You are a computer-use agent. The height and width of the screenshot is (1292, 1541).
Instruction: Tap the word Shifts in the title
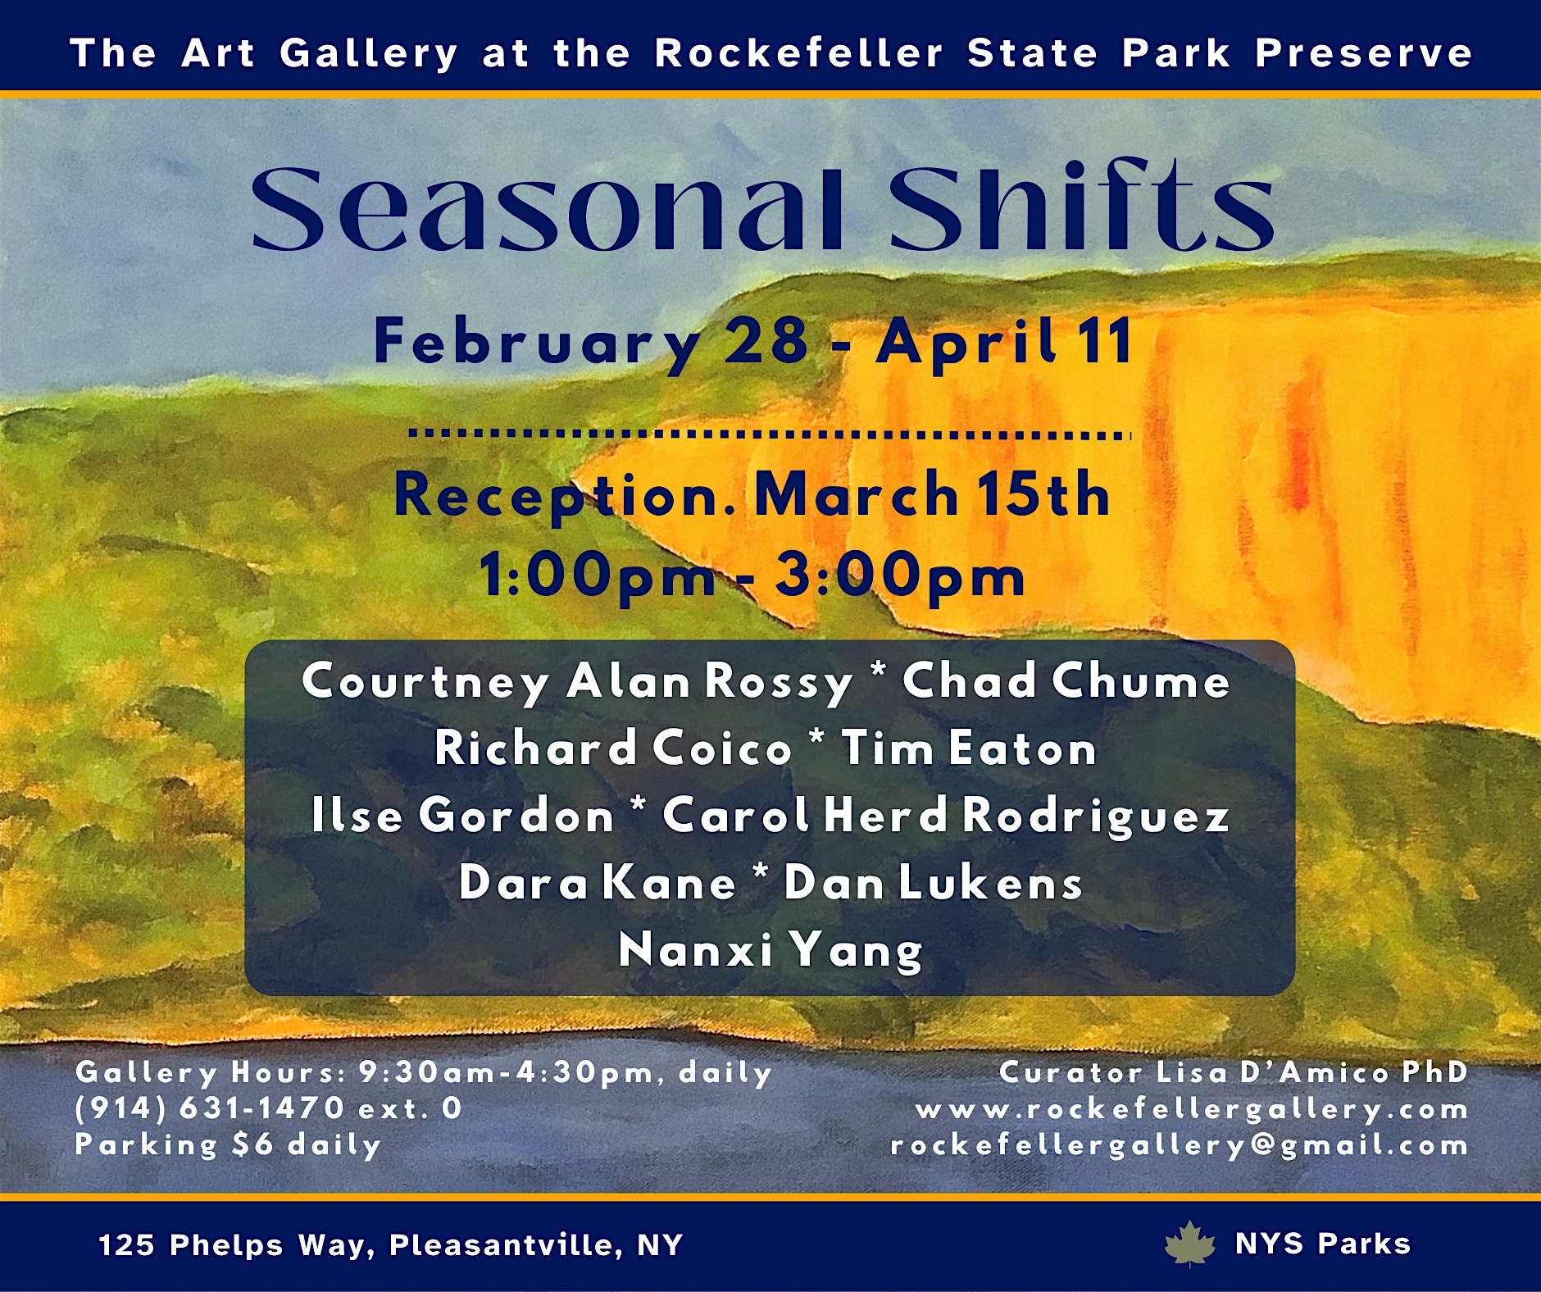(x=1081, y=209)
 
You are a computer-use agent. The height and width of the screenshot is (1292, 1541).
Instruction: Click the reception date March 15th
(x=932, y=494)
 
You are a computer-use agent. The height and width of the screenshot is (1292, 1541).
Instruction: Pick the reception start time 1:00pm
(x=598, y=575)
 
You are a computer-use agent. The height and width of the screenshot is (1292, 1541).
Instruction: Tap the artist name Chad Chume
(x=1066, y=681)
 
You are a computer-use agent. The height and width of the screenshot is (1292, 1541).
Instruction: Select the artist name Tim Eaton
(x=969, y=748)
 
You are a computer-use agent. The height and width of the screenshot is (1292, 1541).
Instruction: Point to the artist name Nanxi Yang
(x=770, y=950)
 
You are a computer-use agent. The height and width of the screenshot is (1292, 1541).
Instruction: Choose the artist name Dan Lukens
(x=933, y=883)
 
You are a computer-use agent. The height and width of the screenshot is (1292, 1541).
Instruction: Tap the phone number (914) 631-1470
(x=210, y=1108)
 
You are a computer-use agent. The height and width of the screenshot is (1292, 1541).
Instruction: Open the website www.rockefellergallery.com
(x=1192, y=1109)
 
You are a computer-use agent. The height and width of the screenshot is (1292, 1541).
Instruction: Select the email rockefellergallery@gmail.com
(x=1180, y=1144)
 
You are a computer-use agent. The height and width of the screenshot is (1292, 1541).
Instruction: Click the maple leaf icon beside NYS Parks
(x=1190, y=1244)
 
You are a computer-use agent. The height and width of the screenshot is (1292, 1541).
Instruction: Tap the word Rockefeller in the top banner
(x=799, y=53)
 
